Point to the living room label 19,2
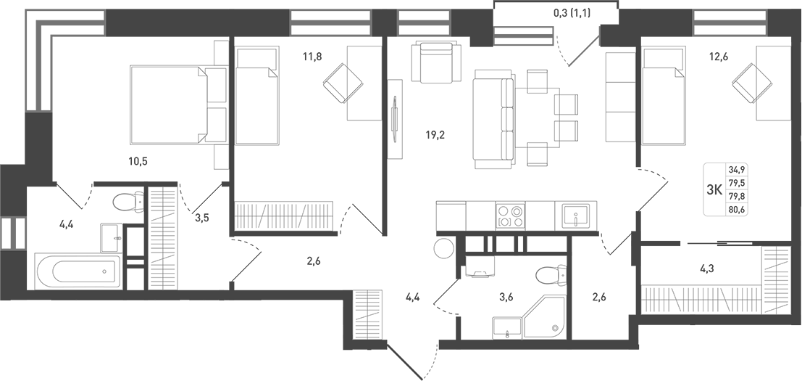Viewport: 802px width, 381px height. click(435, 134)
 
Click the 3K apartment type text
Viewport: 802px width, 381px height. click(714, 190)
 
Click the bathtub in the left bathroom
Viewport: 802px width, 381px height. click(78, 271)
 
